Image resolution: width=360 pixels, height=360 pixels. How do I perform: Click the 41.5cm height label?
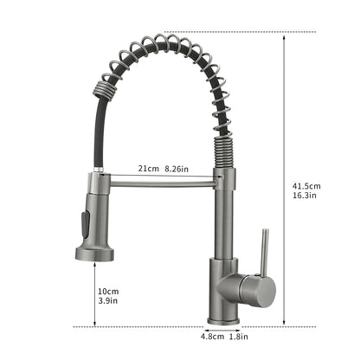[x=306, y=186]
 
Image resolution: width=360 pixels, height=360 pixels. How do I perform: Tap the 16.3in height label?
[x=305, y=196]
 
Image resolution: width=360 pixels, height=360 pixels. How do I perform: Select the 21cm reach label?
[x=148, y=169]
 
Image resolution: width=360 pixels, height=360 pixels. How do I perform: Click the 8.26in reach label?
[x=177, y=169]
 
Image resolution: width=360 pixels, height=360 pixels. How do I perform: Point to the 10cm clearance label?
[x=108, y=292]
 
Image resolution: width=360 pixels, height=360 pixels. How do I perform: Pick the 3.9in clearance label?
[x=108, y=300]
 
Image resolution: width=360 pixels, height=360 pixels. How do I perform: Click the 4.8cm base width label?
[x=212, y=337]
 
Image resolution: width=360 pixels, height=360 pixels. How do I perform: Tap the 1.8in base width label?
[x=239, y=337]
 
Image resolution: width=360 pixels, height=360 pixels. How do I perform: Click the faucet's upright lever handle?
[x=265, y=252]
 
